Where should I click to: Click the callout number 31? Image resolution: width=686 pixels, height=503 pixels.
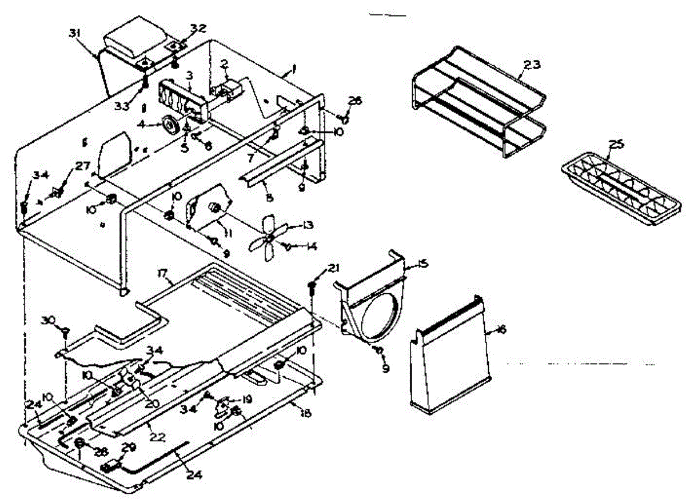(x=74, y=34)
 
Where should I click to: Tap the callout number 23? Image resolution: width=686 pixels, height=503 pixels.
(x=531, y=65)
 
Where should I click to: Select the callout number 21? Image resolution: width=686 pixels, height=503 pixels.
(x=334, y=269)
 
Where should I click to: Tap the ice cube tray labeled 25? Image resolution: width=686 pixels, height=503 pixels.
(x=621, y=189)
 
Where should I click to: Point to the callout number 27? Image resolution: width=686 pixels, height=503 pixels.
(x=82, y=166)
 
